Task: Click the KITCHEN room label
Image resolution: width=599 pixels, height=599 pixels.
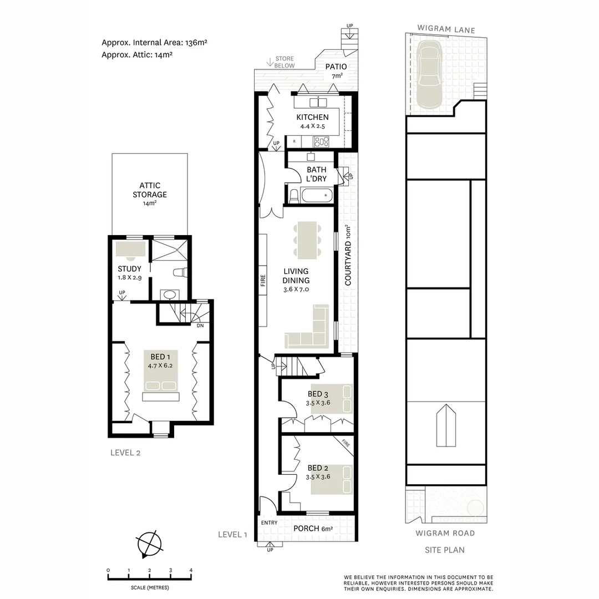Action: point(312,117)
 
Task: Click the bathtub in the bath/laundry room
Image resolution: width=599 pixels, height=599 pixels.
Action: point(317,196)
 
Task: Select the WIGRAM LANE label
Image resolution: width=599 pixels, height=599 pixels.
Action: point(446,30)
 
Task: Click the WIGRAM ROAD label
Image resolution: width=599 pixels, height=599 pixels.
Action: point(445,533)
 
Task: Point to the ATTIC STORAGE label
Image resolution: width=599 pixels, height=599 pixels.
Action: point(149,190)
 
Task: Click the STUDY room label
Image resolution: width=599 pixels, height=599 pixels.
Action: point(129,269)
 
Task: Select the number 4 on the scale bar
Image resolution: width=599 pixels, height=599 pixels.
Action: point(191,570)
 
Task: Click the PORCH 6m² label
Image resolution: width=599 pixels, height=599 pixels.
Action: point(313,529)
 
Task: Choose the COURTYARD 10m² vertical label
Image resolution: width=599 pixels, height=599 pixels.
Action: point(348,255)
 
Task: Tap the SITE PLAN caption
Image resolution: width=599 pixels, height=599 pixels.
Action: point(445,550)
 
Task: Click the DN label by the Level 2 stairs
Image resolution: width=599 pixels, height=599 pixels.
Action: point(200,326)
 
